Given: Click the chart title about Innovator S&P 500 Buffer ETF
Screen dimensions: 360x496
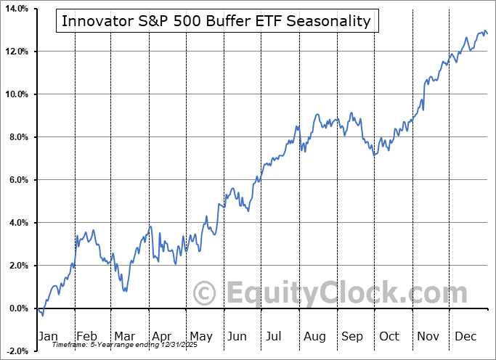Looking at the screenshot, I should point(216,21).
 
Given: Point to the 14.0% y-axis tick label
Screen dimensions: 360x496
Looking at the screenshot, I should point(15,9).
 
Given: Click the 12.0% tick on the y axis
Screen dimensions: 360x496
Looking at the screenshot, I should point(15,52).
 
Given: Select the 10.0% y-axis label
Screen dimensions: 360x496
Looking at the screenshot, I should point(15,94).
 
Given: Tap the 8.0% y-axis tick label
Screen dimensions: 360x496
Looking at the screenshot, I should point(17,137).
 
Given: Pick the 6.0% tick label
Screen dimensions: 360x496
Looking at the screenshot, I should point(17,180).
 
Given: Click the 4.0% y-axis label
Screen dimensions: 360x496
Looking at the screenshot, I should point(17,223).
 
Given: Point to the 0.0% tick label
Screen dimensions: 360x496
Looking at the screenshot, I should point(17,308).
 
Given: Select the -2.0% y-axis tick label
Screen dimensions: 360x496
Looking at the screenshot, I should point(16,351).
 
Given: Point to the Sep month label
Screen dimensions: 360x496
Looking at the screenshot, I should point(352,336).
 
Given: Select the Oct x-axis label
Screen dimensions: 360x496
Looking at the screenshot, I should point(390,336).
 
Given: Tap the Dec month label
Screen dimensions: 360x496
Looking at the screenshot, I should point(465,336).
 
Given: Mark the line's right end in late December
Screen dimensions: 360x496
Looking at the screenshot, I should point(487,33).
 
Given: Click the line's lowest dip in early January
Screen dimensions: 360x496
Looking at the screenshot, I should point(42,315).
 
